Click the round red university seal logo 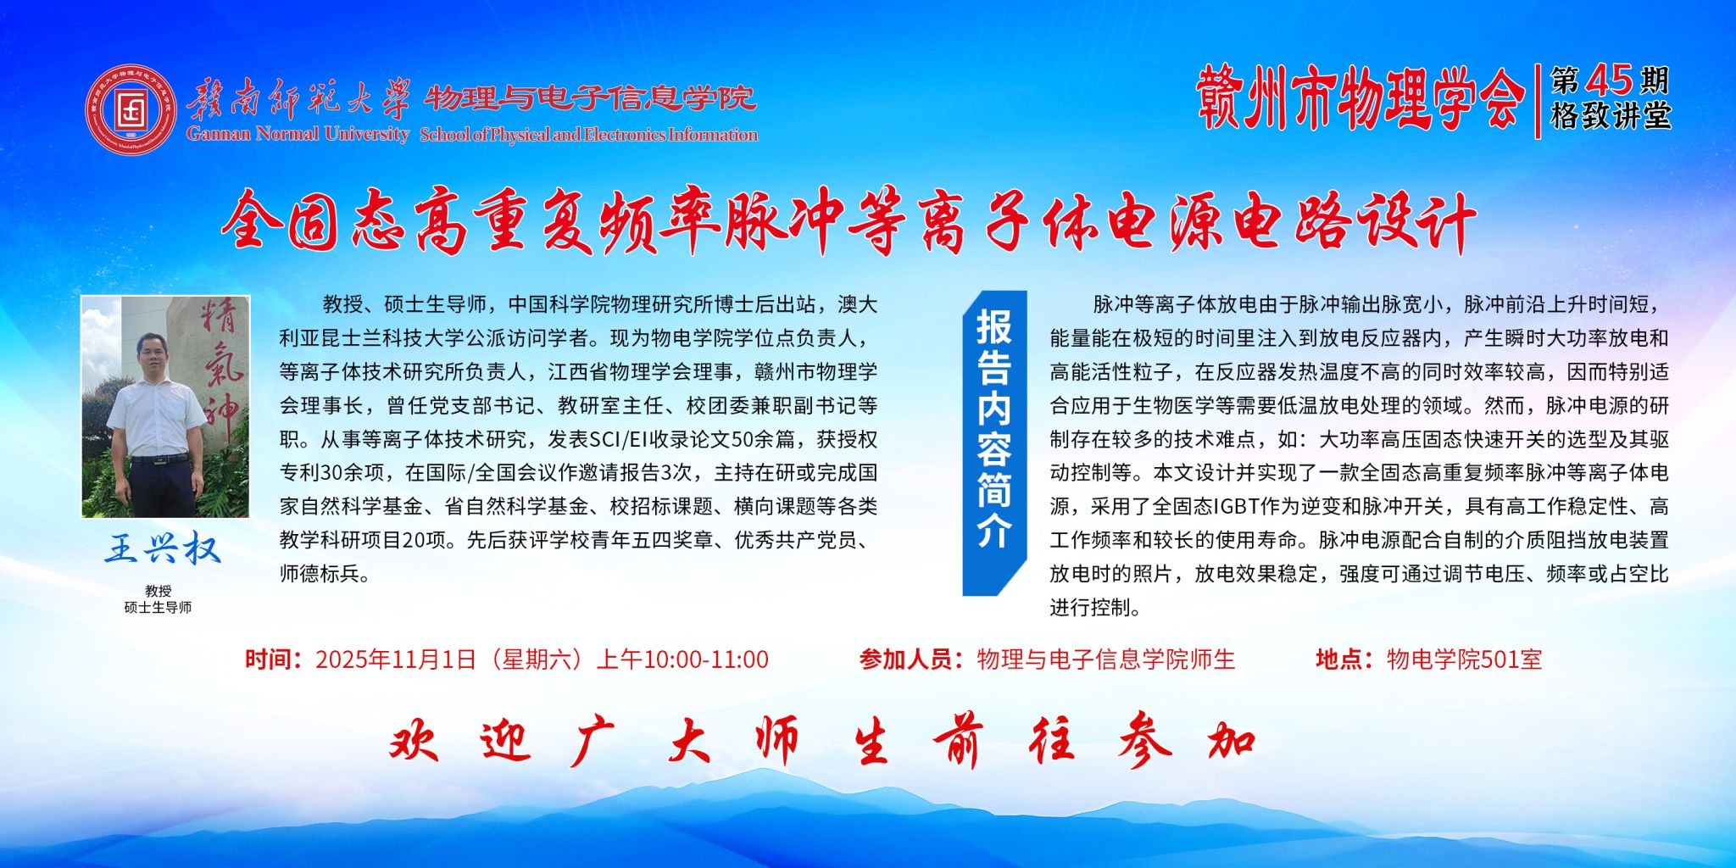click(131, 108)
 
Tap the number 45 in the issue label click(1610, 81)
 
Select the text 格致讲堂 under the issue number click(1611, 115)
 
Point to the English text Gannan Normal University click(298, 133)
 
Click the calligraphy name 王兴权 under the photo click(162, 549)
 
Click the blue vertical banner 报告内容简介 click(994, 442)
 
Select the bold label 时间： click(274, 659)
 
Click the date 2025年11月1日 click(396, 659)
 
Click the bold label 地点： click(1344, 659)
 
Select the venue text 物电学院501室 click(1464, 659)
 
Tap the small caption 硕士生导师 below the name click(158, 607)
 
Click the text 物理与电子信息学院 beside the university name click(590, 98)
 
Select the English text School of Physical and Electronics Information click(589, 134)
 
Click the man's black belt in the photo click(159, 459)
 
